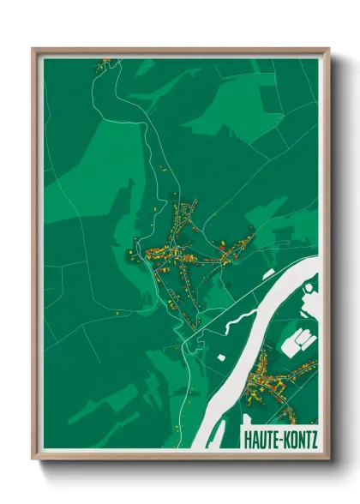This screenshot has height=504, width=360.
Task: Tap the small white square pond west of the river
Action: coord(220,354)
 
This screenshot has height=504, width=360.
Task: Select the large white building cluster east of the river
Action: coord(299,339)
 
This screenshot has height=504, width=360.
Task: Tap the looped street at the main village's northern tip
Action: coord(192,205)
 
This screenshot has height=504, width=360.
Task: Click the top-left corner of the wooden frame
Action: coord(33,50)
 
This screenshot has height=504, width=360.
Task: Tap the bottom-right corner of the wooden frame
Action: coord(329,459)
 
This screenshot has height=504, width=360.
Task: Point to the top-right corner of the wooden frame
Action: coord(329,50)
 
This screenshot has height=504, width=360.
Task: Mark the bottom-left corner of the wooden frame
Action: coord(33,459)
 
